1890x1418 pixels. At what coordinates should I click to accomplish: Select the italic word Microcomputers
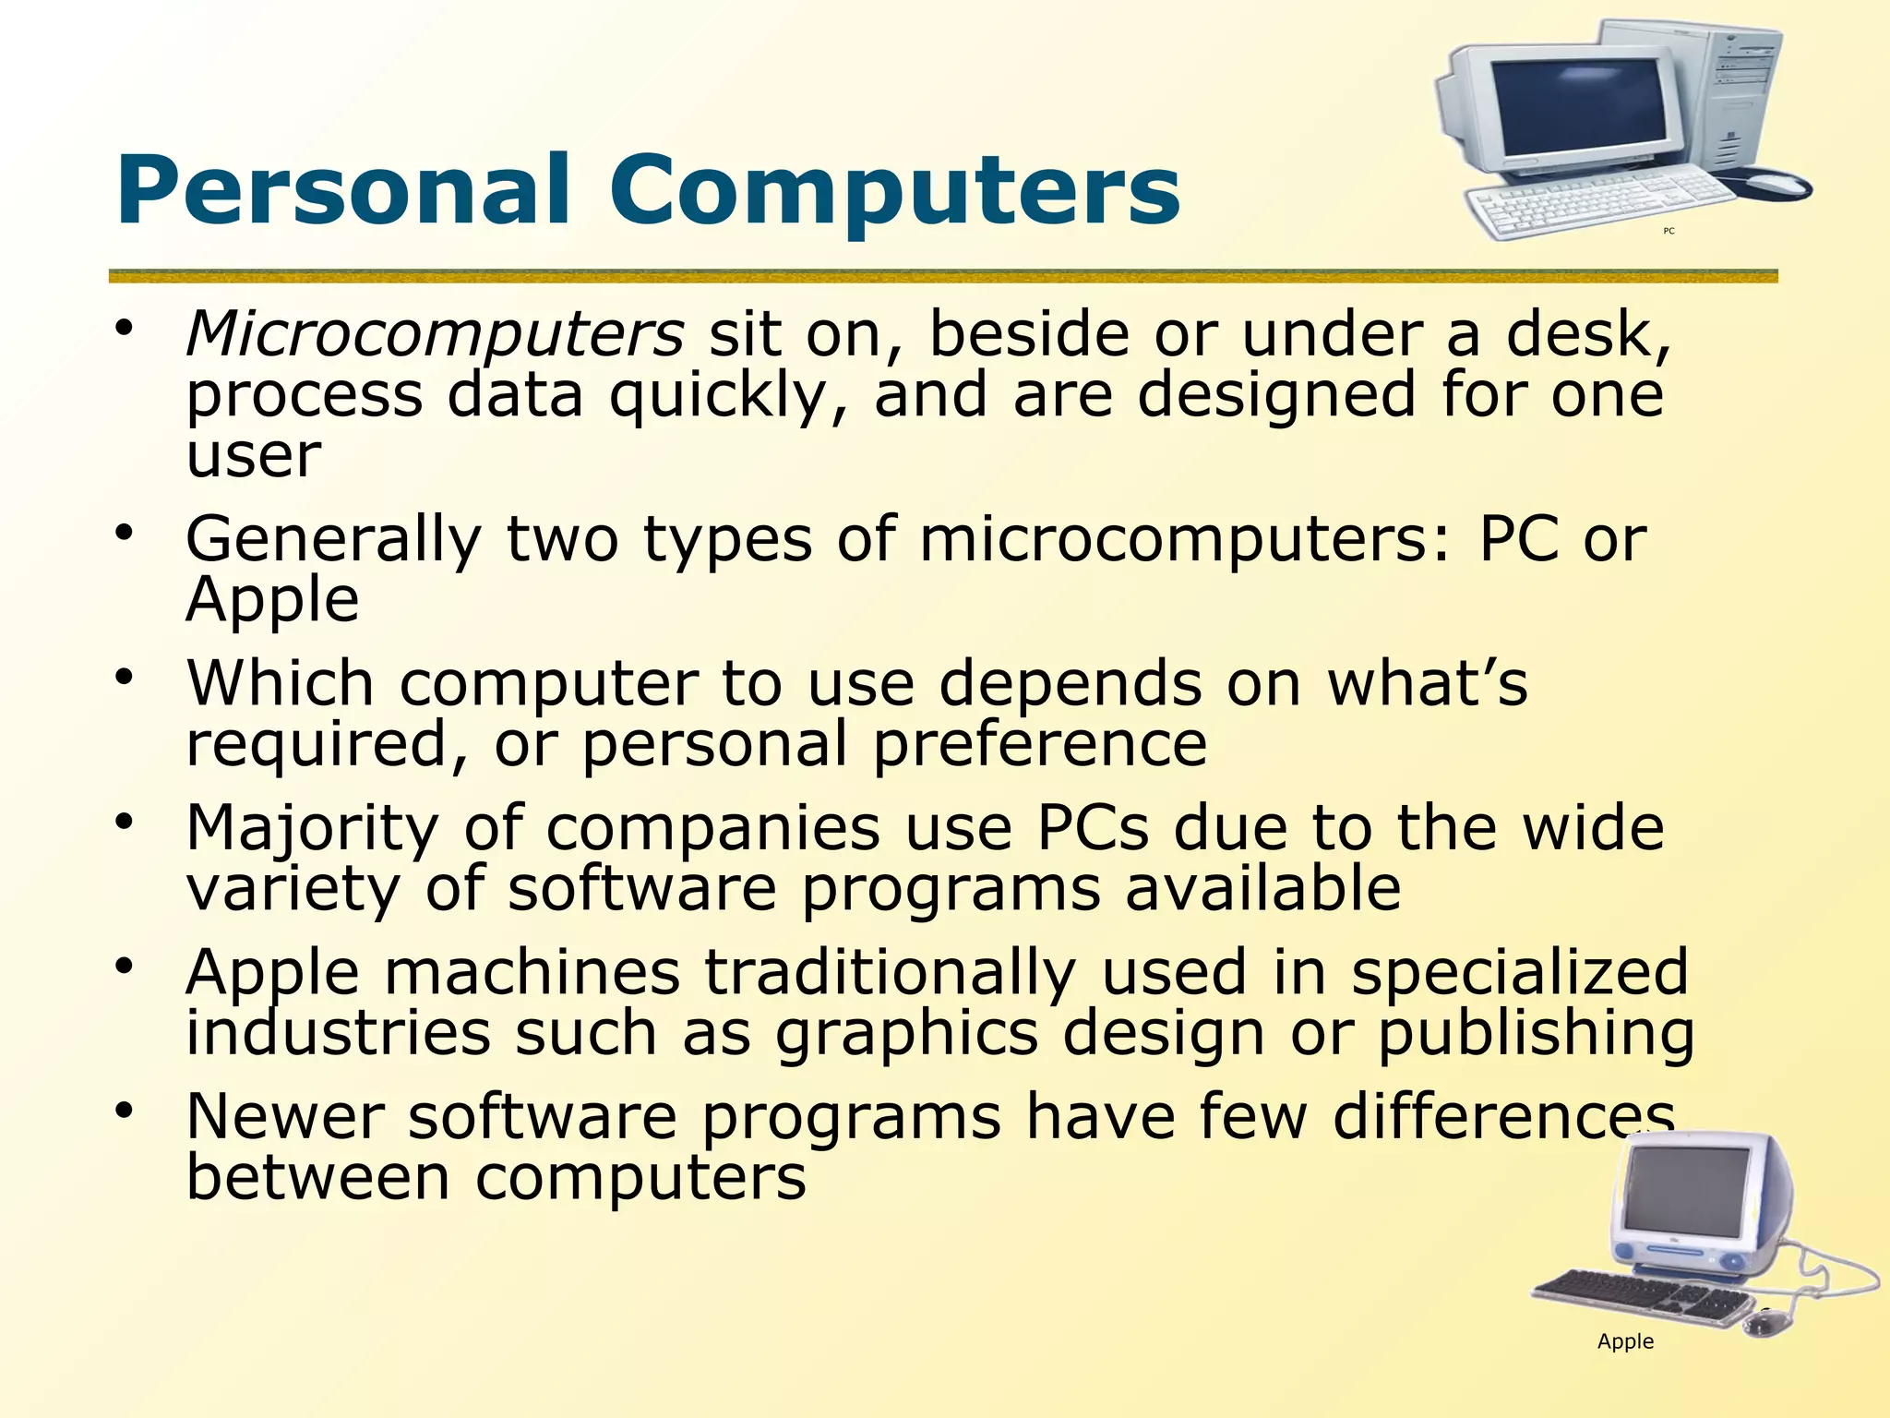click(435, 334)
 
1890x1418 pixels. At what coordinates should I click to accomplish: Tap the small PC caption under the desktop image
click(1669, 231)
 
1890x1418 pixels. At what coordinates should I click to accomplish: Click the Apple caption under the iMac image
click(1625, 1341)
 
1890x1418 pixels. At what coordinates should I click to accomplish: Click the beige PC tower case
click(1735, 92)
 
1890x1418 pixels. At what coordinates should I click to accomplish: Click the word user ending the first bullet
click(254, 456)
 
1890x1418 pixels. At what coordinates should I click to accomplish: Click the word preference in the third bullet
click(1040, 744)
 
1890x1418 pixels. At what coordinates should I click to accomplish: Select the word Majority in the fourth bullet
click(312, 828)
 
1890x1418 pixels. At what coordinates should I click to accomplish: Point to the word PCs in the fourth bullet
click(1094, 828)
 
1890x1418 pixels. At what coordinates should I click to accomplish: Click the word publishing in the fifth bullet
click(1537, 1034)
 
